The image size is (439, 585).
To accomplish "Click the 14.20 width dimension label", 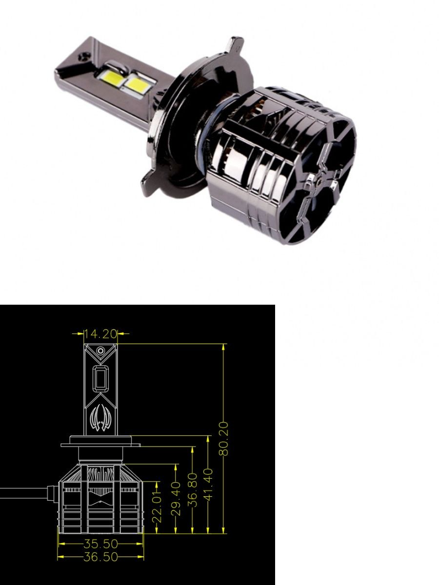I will pyautogui.click(x=100, y=334).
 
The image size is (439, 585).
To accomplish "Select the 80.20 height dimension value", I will pyautogui.click(x=224, y=439).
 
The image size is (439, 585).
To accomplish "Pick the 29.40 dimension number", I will pyautogui.click(x=177, y=498).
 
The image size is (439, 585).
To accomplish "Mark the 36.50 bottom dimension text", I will pyautogui.click(x=100, y=557).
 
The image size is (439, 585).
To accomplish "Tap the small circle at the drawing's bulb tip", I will pyautogui.click(x=100, y=351).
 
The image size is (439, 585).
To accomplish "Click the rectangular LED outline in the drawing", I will pyautogui.click(x=100, y=379).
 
